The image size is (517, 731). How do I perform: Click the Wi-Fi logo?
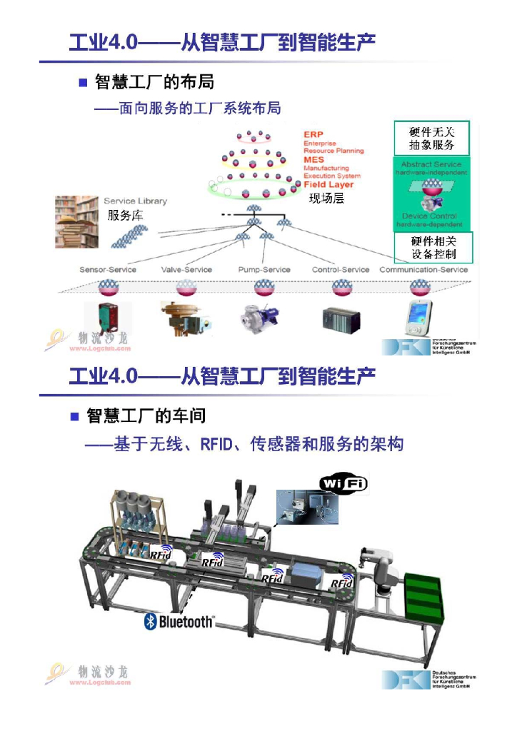pos(343,483)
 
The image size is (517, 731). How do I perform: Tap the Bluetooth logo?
pos(179,621)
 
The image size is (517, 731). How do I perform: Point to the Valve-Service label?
pos(186,270)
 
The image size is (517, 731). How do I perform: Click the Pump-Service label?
pos(264,270)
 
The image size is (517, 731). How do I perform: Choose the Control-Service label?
pos(341,270)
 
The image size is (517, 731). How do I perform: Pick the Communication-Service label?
pos(423,270)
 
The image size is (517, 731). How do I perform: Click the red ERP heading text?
pos(313,134)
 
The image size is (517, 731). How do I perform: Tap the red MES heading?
pos(313,160)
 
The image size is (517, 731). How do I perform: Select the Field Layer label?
pos(328,185)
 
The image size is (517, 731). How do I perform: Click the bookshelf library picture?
pos(77,222)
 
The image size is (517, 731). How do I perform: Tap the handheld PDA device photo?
pos(418,318)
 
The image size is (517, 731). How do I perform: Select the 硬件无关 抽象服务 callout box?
pos(432,138)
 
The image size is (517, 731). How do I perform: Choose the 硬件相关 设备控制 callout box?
pos(433,248)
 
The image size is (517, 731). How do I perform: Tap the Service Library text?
pos(135,201)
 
